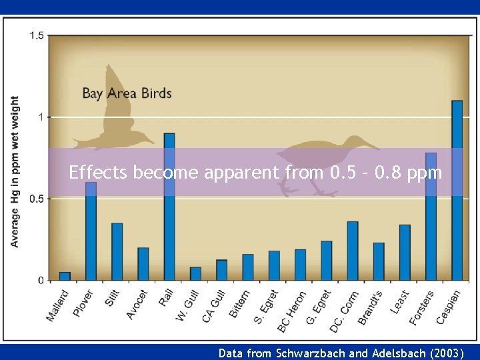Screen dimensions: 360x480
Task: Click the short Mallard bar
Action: (x=65, y=275)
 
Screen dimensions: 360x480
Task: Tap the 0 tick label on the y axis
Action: (x=41, y=281)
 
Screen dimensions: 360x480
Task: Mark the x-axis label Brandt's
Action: (x=371, y=307)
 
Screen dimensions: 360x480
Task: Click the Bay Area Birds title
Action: (x=127, y=93)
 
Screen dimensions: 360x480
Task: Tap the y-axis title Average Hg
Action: (x=15, y=172)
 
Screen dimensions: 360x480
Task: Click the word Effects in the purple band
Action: (x=99, y=173)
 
